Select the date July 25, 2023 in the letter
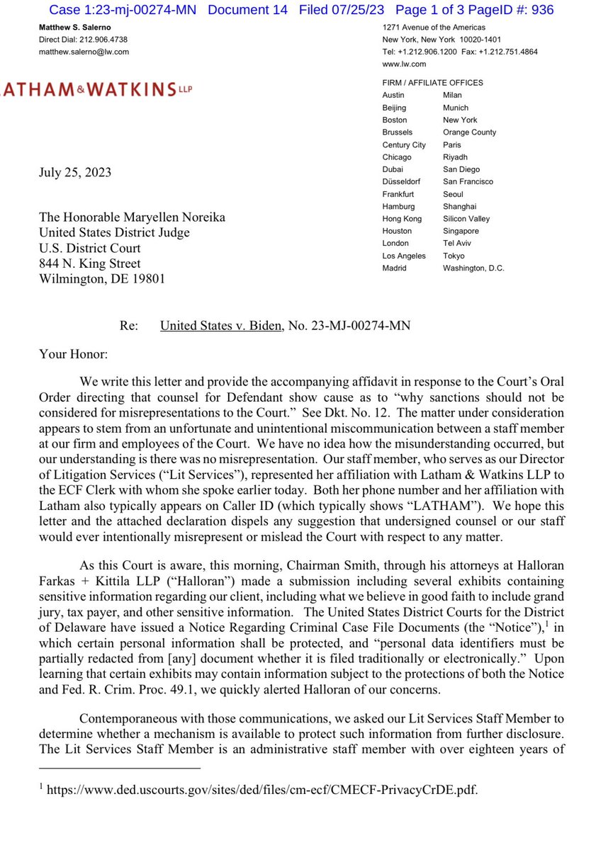76,174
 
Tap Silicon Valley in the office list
466,219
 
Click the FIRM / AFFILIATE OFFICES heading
432,83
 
